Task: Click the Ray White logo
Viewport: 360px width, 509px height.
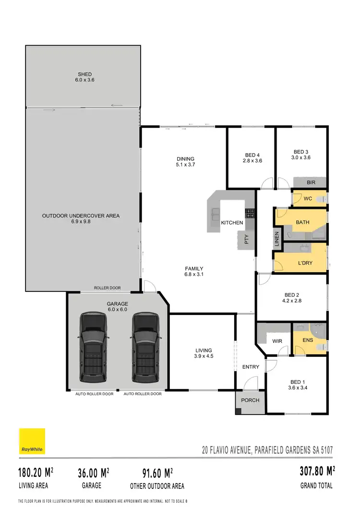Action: [32, 441]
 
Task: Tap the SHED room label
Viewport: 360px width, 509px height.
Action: [85, 74]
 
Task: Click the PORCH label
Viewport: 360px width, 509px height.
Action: [250, 400]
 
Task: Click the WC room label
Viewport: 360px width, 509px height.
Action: [308, 198]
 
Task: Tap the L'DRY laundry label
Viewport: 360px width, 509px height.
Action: [306, 264]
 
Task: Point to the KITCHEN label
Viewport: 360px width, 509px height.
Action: [232, 223]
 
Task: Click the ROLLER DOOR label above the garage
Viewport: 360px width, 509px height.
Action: [108, 288]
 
